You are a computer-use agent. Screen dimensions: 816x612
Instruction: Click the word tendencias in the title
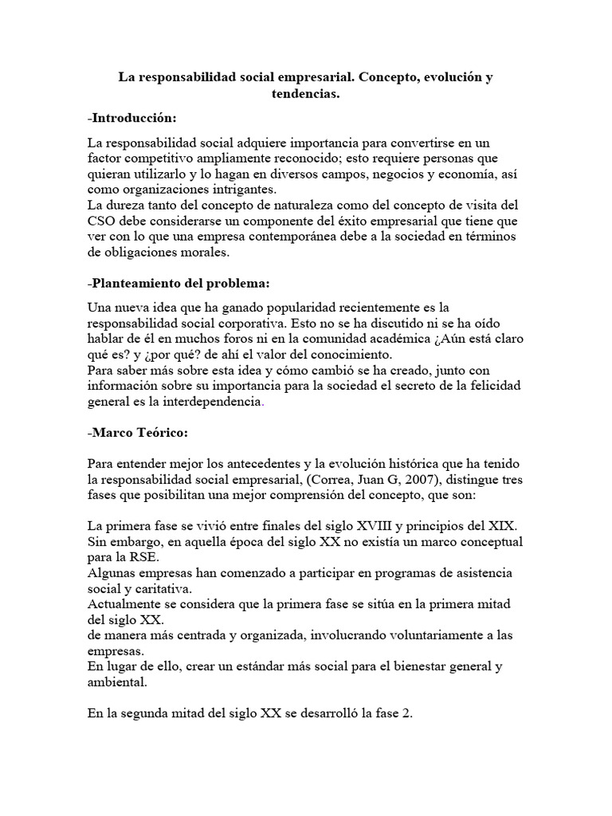click(x=306, y=95)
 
